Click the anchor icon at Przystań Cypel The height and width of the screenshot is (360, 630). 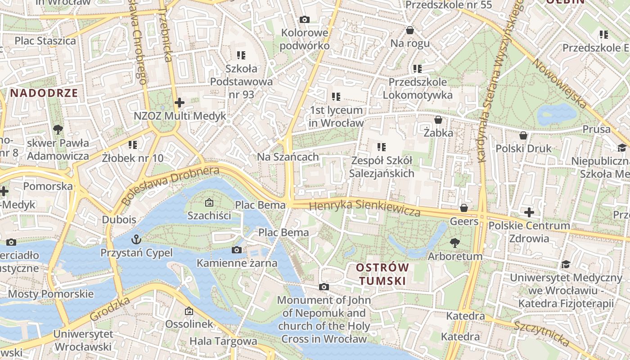coord(136,239)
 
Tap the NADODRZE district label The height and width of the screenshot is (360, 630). coord(44,93)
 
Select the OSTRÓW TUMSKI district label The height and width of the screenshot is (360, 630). coord(382,274)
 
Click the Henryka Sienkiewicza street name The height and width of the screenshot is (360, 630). coord(365,208)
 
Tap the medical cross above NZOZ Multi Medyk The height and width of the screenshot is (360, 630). coord(180,103)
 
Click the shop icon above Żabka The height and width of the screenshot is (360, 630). coord(438,120)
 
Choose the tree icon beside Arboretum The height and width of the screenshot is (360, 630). coord(455,243)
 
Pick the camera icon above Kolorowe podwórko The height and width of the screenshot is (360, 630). coord(305,20)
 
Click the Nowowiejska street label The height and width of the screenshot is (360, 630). coord(560,84)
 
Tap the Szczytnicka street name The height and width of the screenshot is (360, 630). coord(542,333)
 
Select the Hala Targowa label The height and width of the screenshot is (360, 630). coord(223,341)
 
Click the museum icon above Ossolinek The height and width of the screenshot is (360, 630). coord(189,311)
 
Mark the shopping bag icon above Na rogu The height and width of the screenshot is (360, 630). coord(410,30)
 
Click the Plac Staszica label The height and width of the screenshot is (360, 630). coord(45,41)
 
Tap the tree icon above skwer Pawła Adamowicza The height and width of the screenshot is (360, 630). coord(58,130)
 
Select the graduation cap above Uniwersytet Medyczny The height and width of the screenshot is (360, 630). coord(566,264)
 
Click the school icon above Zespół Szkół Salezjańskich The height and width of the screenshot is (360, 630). coord(382,147)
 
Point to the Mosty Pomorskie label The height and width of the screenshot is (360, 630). coord(51,294)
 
